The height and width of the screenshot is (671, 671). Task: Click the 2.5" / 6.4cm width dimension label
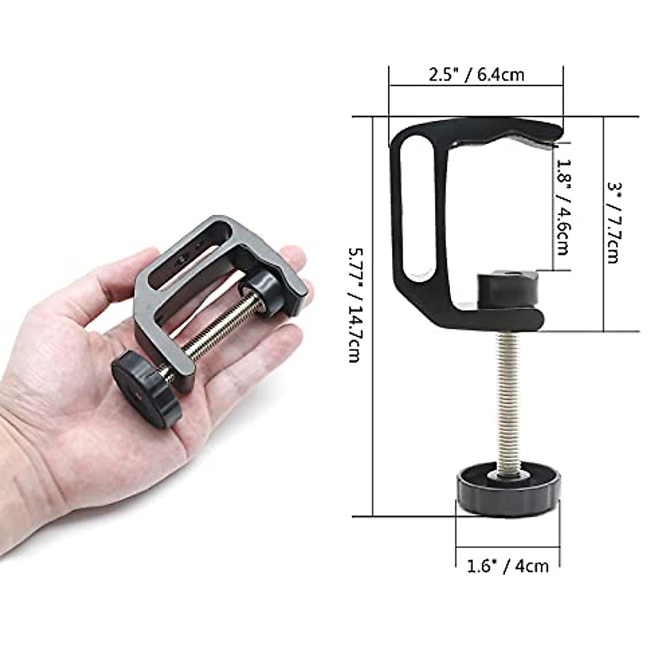(x=476, y=74)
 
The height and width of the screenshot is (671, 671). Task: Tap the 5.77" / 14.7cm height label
(x=353, y=305)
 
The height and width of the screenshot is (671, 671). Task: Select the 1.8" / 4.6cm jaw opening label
(x=563, y=207)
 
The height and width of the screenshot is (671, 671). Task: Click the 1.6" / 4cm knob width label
(x=508, y=566)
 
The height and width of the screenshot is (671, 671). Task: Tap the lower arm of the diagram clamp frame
(x=503, y=319)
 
